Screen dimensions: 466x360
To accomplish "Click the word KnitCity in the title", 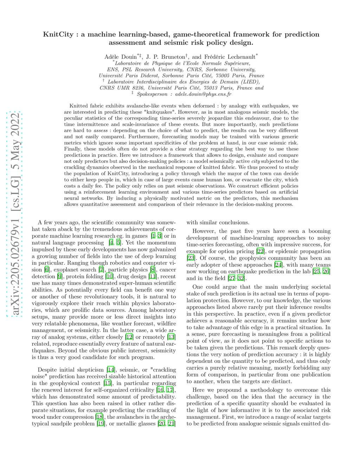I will (x=58, y=34).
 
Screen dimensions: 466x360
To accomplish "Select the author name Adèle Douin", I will (x=120, y=57).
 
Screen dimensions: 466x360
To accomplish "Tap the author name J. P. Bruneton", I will (x=165, y=57).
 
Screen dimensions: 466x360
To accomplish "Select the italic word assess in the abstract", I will (x=101, y=130).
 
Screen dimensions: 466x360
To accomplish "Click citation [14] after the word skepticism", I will (x=111, y=370).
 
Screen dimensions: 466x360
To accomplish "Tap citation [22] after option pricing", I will (x=260, y=251).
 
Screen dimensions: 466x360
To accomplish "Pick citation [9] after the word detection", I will (x=60, y=276).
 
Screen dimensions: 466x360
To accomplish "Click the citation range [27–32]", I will (x=236, y=278).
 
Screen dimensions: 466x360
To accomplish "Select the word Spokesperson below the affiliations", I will (x=152, y=94).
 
